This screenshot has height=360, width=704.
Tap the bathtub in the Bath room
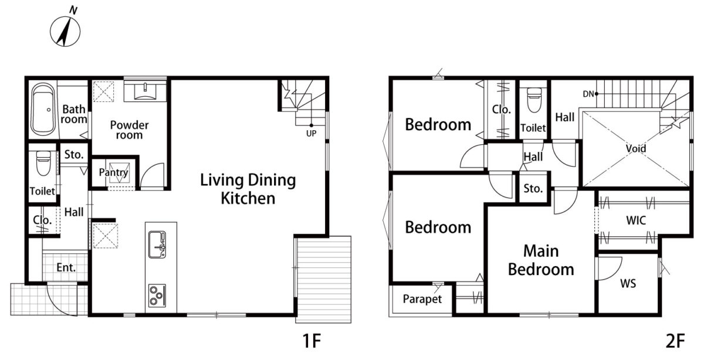pos(43,109)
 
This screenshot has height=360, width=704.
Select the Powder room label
pos(129,130)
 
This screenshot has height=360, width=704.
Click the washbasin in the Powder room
pos(145,91)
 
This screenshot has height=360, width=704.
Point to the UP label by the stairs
pos(311,134)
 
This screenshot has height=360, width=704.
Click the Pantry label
pos(113,172)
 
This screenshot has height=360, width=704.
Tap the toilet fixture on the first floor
pos(43,163)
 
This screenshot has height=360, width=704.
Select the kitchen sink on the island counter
pos(157,244)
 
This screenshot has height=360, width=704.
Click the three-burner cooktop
pos(157,296)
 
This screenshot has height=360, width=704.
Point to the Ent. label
pos(66,267)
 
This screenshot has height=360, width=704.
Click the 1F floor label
pos(312,341)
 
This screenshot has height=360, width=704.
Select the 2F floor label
pos(675,341)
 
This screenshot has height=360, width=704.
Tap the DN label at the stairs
pos(588,94)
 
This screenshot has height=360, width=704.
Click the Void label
pos(636,148)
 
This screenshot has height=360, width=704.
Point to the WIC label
pos(636,220)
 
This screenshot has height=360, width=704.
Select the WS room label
pos(628,284)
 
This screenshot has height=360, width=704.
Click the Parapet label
pos(422,299)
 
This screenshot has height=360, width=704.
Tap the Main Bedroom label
pos(541,260)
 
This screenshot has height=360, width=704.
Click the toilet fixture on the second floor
pos(534,100)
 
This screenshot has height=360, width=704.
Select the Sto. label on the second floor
pos(533,188)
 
